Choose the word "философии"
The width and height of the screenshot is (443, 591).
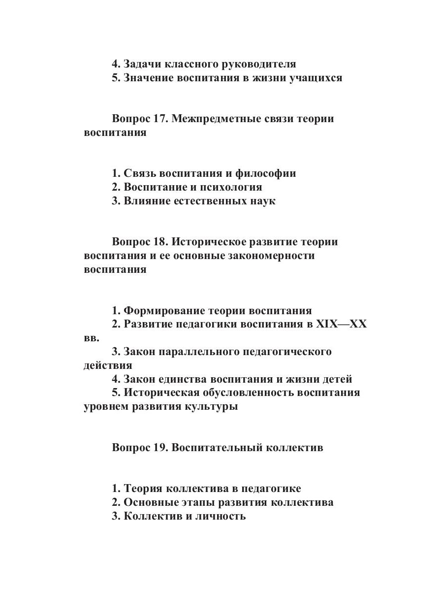click(x=266, y=173)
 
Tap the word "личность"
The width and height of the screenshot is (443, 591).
click(x=220, y=516)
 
